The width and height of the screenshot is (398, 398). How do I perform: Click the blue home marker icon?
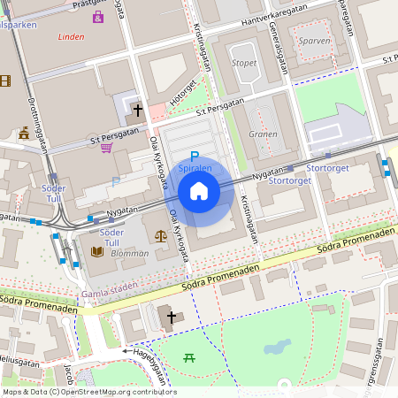point(199,191)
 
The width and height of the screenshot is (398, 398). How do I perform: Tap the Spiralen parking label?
point(195,168)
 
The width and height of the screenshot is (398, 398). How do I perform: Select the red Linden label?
point(71,38)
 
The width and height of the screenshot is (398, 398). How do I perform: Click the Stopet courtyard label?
point(244,64)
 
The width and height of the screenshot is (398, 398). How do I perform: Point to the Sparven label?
point(314,41)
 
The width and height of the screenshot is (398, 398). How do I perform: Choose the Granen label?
point(263,134)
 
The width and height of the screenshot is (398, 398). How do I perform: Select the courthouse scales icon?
point(160,236)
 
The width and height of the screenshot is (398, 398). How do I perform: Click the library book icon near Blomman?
point(97,252)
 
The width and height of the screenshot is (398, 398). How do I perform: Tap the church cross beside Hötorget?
point(137,111)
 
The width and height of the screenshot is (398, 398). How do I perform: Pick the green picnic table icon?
point(188,357)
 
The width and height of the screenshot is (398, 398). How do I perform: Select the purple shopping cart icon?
point(107,148)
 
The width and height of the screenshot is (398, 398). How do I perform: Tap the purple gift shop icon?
point(97,17)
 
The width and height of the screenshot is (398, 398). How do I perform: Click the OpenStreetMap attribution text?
point(88,392)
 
